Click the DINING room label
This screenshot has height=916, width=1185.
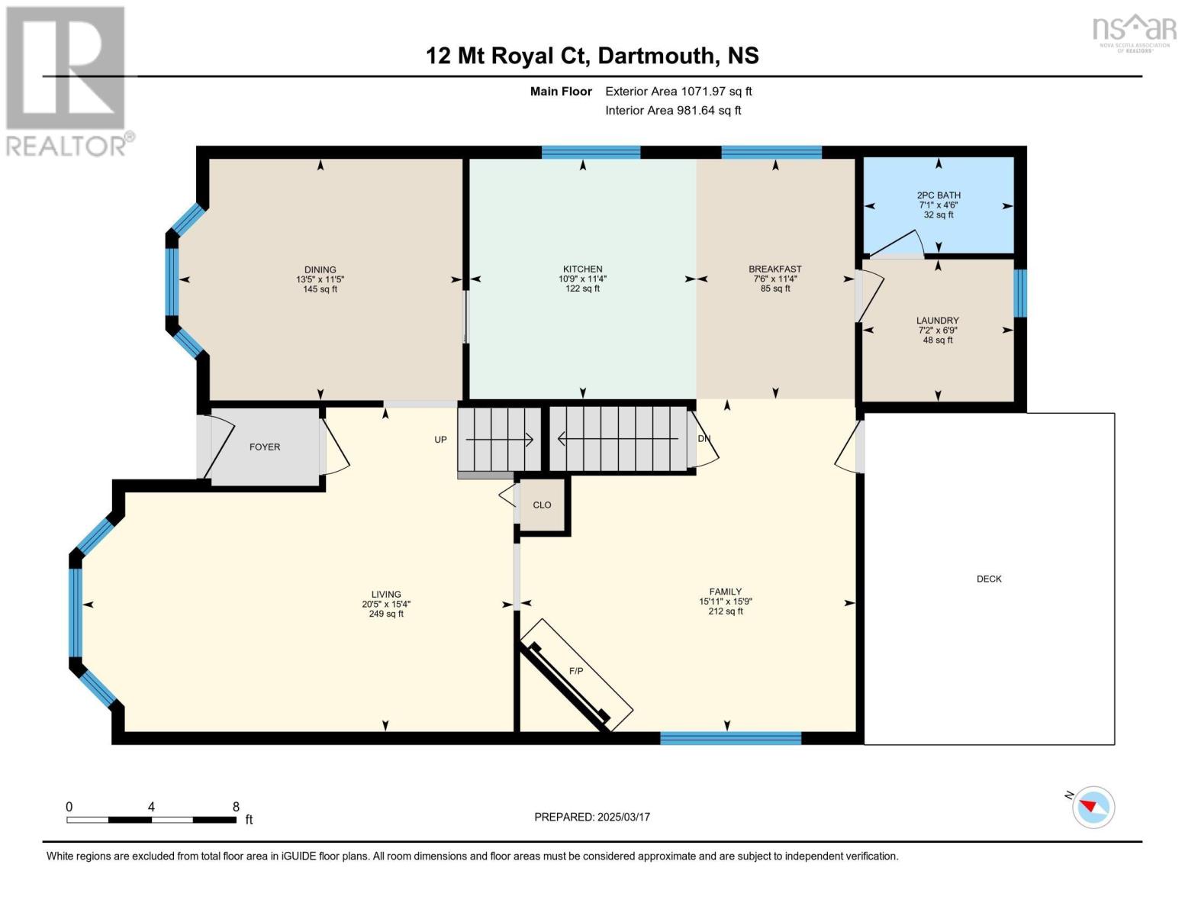320,269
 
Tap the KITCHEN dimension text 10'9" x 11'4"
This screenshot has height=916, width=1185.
582,279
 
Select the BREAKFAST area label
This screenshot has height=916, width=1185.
775,269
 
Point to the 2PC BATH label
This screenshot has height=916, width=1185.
939,195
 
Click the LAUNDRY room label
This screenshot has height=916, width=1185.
938,321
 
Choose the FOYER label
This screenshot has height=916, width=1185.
265,447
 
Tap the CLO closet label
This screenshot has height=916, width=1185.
542,505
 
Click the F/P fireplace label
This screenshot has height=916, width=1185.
576,671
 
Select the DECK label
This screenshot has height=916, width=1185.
989,579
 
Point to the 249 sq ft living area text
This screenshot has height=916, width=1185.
386,614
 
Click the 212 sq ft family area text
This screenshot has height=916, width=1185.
726,611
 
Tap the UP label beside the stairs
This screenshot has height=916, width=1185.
440,440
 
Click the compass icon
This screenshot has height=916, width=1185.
1093,807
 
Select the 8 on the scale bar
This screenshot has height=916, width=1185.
236,806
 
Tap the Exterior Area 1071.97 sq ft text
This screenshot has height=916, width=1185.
678,91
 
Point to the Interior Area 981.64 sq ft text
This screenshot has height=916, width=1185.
673,110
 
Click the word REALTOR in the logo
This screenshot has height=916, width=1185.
66,147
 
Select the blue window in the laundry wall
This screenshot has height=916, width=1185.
1020,293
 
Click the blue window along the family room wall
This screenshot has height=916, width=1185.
731,738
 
